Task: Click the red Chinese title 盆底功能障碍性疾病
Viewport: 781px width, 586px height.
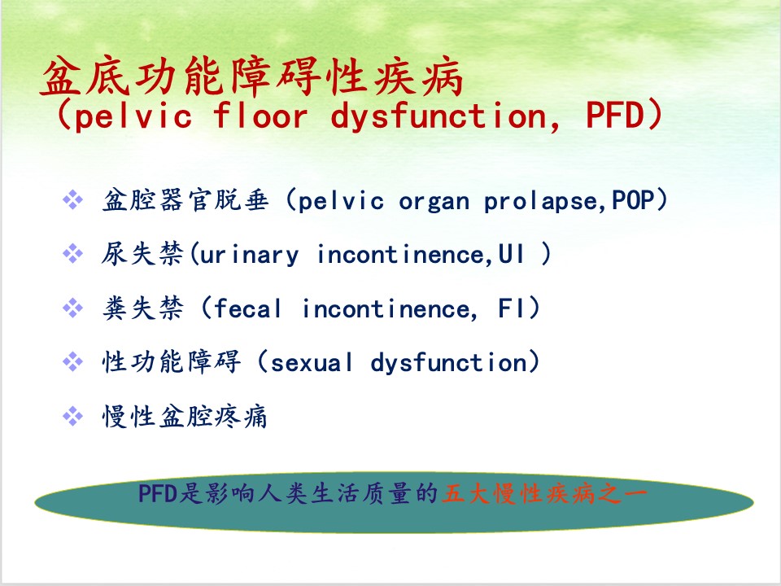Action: click(x=252, y=77)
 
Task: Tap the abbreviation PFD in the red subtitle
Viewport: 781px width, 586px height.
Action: click(x=616, y=116)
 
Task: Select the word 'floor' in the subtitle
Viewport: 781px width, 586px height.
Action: click(x=260, y=116)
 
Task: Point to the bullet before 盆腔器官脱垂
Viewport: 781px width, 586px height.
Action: click(x=72, y=200)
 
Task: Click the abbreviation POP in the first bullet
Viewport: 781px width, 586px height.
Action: click(x=633, y=200)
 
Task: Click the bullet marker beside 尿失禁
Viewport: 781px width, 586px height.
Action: click(x=72, y=254)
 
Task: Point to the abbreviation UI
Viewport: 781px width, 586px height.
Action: click(x=511, y=254)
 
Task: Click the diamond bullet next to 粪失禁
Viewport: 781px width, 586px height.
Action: click(x=72, y=308)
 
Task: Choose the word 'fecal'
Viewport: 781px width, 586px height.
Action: click(x=247, y=308)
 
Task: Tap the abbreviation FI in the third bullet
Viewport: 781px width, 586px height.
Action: click(x=511, y=308)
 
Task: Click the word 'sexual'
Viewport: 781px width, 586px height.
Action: click(x=312, y=362)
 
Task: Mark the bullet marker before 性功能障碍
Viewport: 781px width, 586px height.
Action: click(x=72, y=361)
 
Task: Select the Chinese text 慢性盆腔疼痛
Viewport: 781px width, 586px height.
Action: click(x=185, y=417)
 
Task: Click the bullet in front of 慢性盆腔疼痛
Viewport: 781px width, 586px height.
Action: click(x=72, y=416)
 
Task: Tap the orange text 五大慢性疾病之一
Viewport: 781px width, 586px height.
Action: click(x=544, y=494)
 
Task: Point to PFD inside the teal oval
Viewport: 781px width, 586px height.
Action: click(x=158, y=494)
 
